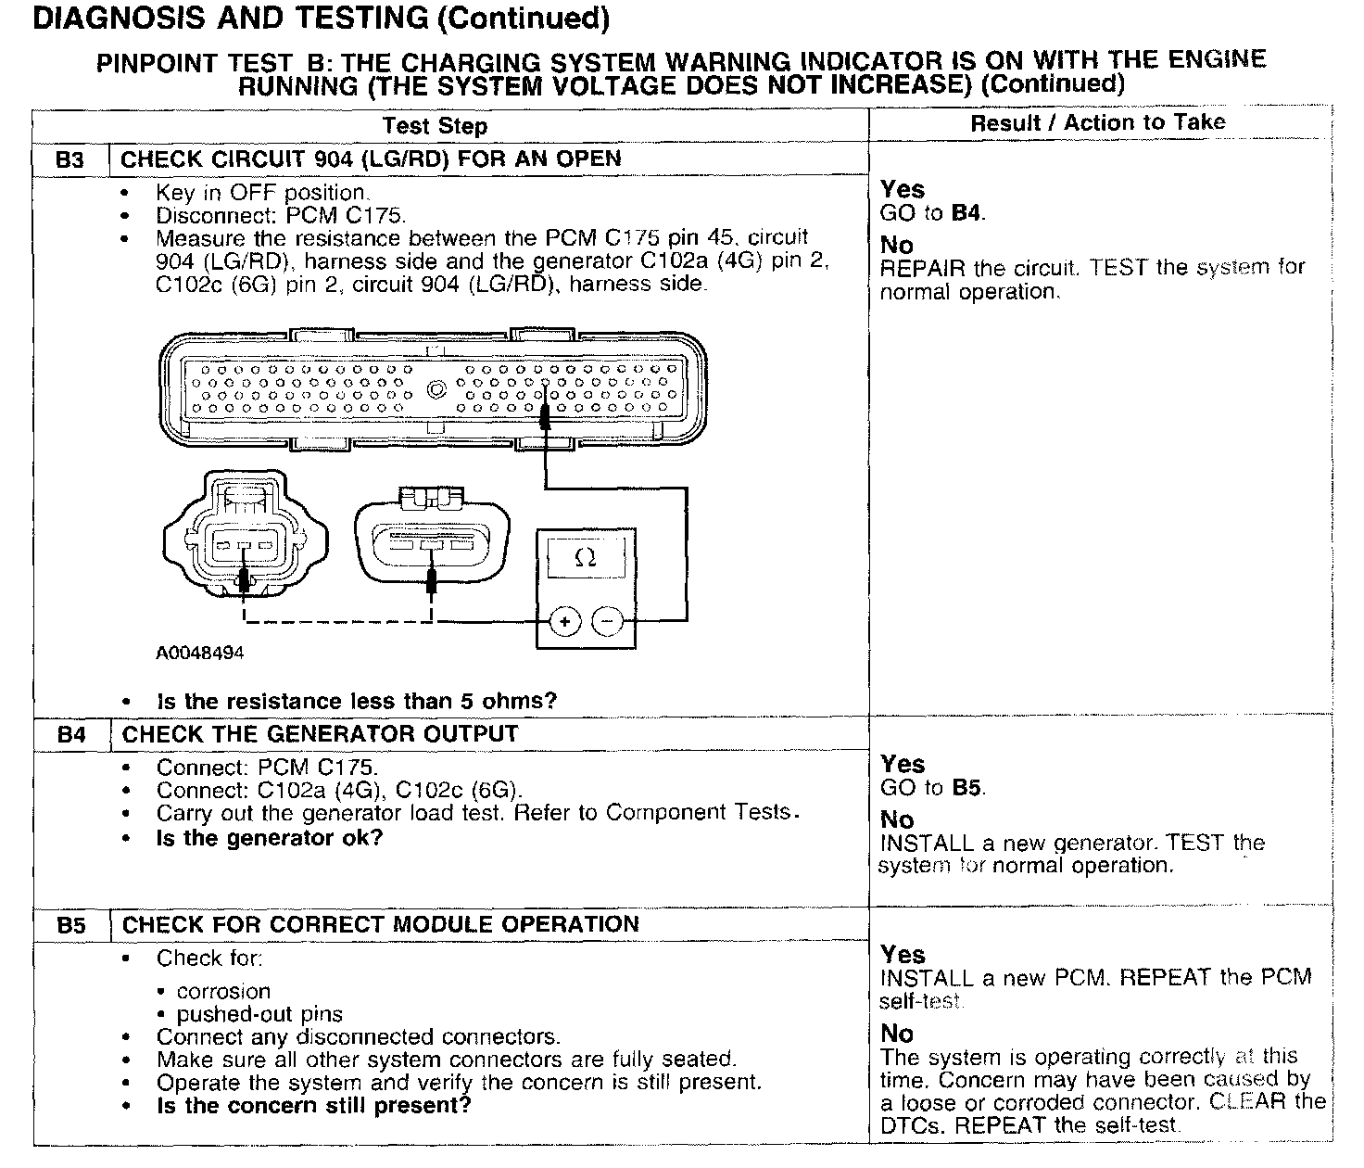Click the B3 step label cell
[x=69, y=159]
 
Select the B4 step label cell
[x=71, y=735]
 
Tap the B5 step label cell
[x=71, y=925]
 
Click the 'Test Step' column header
[x=435, y=126]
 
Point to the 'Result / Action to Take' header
[x=1098, y=122]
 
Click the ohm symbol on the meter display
[x=585, y=557]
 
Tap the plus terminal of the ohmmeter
[x=564, y=621]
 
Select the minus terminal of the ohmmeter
[x=608, y=621]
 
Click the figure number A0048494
[x=200, y=653]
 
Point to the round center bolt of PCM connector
[x=436, y=389]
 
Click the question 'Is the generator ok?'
[x=269, y=838]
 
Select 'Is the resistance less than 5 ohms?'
[x=357, y=701]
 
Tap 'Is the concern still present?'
[x=313, y=1105]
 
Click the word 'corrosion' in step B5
[x=223, y=991]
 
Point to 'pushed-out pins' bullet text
[x=259, y=1014]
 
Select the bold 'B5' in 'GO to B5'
[x=968, y=788]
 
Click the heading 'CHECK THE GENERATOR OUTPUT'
[x=320, y=734]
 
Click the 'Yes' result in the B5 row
[x=903, y=954]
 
